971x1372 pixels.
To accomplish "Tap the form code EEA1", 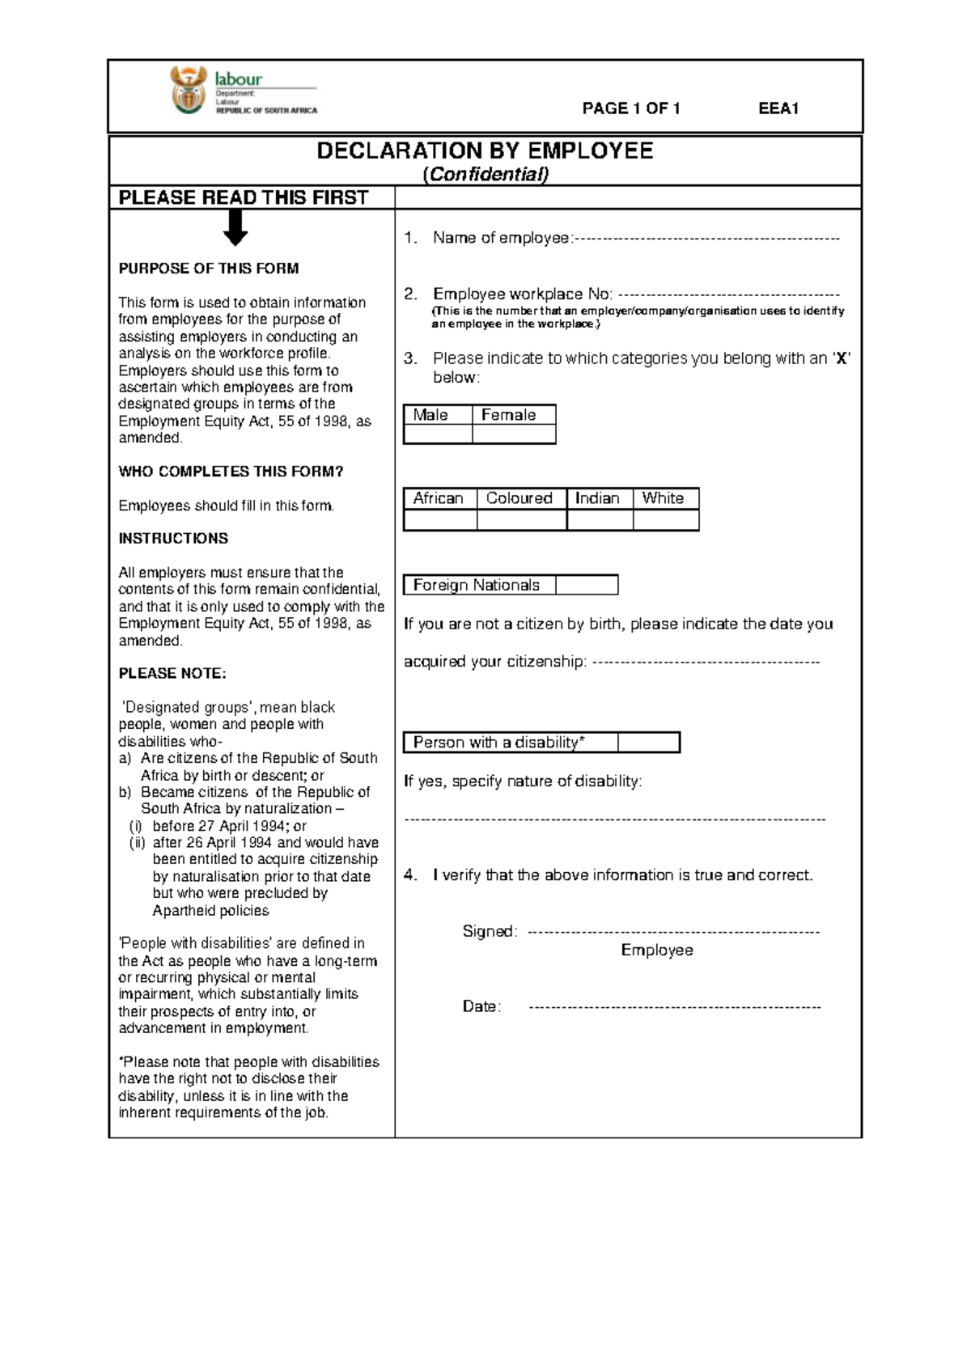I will point(778,108).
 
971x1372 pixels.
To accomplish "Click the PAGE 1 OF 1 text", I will point(631,108).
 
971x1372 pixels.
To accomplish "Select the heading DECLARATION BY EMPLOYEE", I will point(485,151).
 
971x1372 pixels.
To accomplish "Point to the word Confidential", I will point(485,175).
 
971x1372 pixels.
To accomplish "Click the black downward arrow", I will point(235,227).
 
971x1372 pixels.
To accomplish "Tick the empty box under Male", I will point(438,434).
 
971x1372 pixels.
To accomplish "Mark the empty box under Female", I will point(514,434).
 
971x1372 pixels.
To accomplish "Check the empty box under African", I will point(440,520).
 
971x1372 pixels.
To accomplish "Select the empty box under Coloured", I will point(522,520).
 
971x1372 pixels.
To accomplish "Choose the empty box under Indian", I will point(600,520).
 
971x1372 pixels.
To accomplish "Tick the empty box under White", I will point(666,520).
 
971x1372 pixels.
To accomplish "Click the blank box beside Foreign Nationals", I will point(587,585).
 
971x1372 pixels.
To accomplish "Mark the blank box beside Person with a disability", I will point(648,743).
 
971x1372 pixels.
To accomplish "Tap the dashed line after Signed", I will point(673,933).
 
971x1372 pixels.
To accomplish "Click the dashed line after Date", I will point(674,1008).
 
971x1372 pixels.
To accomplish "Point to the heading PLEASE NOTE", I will point(172,674).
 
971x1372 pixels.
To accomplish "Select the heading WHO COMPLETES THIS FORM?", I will point(231,472).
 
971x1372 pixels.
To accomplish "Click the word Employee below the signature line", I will point(657,951).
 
